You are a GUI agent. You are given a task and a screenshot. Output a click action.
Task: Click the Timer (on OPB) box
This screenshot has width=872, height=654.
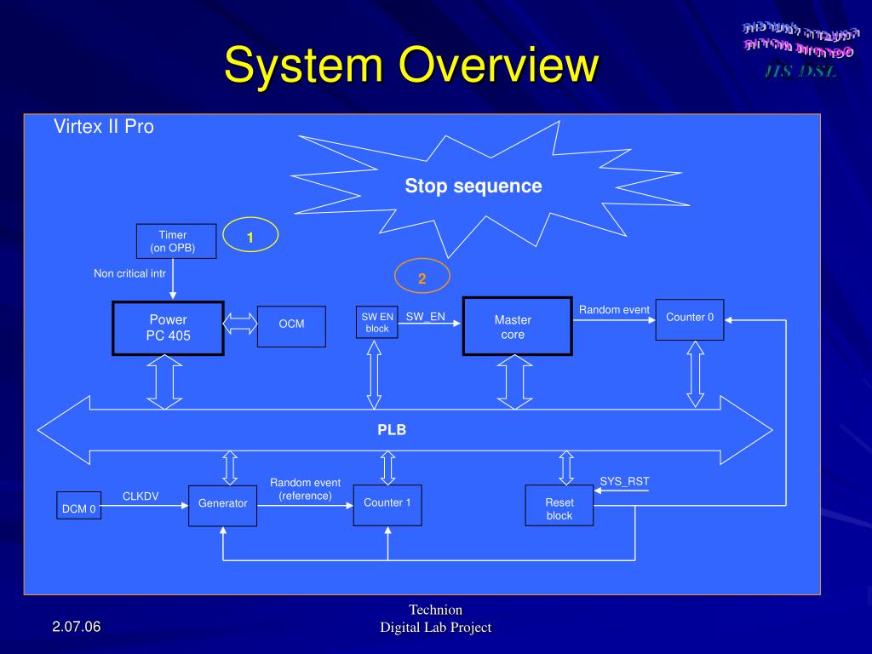(176, 241)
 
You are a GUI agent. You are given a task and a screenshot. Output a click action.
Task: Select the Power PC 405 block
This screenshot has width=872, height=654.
(169, 328)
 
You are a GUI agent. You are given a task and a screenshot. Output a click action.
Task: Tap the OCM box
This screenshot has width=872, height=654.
(291, 326)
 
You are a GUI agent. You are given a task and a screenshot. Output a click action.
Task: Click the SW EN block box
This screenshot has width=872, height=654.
(376, 323)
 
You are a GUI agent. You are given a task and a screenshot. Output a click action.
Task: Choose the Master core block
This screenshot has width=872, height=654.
(517, 327)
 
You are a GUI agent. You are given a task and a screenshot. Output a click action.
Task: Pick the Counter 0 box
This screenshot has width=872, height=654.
(690, 319)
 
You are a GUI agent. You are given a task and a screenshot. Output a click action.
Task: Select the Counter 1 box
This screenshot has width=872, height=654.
(387, 505)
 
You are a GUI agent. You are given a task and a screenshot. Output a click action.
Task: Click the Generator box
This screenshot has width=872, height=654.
(222, 505)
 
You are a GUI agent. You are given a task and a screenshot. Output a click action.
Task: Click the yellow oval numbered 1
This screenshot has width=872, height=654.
(250, 238)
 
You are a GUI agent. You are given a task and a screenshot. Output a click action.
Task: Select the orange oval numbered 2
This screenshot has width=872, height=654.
(422, 278)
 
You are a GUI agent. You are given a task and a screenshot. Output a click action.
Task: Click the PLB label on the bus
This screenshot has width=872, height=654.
(392, 430)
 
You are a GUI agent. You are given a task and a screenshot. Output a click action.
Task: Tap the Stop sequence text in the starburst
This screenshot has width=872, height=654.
(473, 186)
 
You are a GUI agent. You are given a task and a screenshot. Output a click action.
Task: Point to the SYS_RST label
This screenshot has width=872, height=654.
(624, 481)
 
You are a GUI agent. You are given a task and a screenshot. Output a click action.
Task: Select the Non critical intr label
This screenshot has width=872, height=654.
(129, 273)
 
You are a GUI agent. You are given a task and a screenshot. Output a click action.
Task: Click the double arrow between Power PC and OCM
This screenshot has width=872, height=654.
(241, 324)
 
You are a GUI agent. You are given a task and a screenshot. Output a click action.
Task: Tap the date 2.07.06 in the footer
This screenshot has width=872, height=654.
(76, 627)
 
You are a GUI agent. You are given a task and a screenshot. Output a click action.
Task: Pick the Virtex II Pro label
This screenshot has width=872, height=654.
(104, 127)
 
